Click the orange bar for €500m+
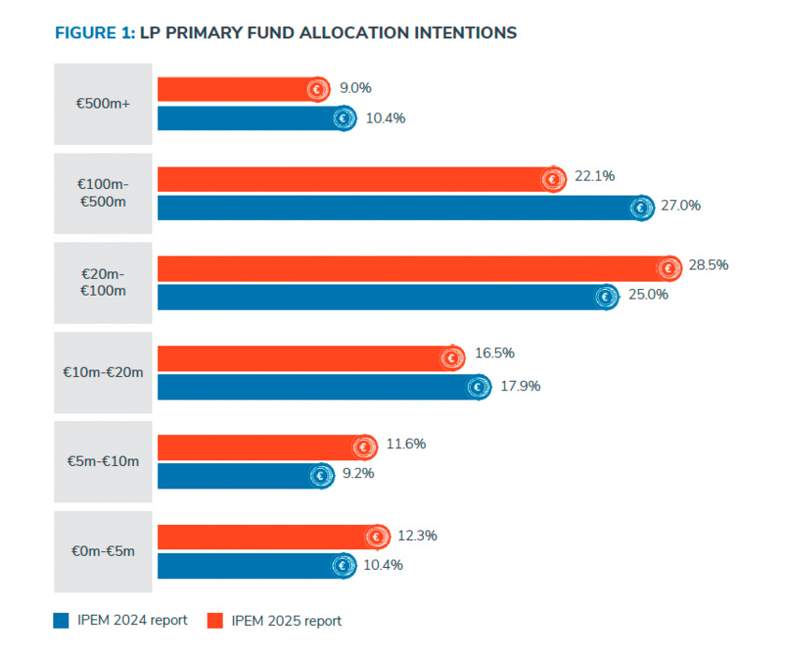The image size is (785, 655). click(234, 89)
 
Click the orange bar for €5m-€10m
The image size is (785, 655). click(257, 447)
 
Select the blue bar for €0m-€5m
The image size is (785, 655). click(248, 565)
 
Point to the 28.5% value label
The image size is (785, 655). click(708, 265)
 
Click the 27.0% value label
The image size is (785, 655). click(681, 205)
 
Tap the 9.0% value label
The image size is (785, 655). click(356, 88)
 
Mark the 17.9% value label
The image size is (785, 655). click(520, 386)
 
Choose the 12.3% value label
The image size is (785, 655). click(418, 536)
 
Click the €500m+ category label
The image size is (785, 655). click(103, 104)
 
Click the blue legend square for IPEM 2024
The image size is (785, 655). click(62, 619)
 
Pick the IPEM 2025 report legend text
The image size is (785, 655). click(286, 620)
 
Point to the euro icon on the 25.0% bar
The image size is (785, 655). click(606, 298)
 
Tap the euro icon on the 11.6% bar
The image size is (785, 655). click(365, 447)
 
